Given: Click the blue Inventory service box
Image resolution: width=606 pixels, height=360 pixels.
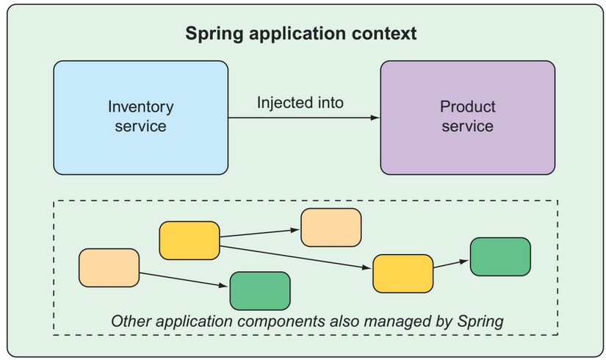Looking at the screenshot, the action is click(141, 118).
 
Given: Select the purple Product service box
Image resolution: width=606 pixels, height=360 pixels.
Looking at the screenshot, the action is click(468, 118).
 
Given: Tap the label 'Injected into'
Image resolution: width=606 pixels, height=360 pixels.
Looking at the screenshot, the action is click(300, 103).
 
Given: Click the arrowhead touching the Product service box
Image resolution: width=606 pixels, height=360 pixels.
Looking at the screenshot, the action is click(375, 118).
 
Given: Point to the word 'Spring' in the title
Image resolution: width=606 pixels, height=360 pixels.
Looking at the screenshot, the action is click(214, 34).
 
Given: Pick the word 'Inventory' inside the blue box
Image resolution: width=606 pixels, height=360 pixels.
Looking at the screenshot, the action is click(141, 107).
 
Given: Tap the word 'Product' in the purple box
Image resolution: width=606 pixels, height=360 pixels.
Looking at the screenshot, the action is click(468, 107).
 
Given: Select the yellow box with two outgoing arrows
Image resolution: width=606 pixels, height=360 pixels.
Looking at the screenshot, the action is click(190, 240).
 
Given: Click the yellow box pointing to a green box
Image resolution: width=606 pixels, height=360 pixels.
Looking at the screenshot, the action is click(403, 273).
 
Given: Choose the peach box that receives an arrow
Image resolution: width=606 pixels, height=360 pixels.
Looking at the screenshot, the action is click(331, 227).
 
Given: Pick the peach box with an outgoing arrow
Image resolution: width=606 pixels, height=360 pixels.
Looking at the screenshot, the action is click(109, 267).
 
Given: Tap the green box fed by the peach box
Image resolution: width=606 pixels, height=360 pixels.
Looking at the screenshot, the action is click(260, 291).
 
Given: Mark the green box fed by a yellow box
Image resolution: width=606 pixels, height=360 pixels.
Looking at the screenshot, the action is click(500, 256).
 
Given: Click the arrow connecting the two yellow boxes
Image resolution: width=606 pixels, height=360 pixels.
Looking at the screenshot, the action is click(296, 257).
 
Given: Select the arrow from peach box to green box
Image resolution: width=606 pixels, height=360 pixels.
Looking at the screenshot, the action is click(184, 280).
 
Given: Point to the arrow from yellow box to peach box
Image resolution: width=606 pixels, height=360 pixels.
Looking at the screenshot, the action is click(260, 233).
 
